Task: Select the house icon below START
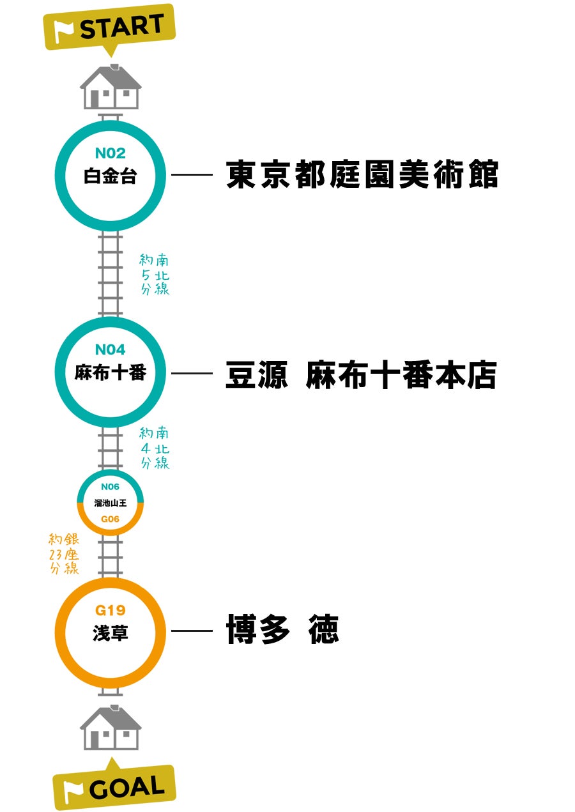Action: (111, 87)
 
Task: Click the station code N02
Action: (111, 153)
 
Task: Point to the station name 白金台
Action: (111, 176)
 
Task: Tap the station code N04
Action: (111, 350)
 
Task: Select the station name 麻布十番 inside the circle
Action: (111, 372)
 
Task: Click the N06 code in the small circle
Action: (111, 486)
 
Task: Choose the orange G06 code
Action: (111, 519)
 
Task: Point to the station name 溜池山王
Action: (111, 503)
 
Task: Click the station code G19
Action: (111, 611)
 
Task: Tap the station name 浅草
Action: (111, 633)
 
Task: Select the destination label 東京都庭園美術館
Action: (362, 174)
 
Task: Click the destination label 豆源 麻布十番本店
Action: (361, 374)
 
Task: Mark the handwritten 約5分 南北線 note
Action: (155, 275)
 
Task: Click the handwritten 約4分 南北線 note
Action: (155, 448)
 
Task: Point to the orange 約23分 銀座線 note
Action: (64, 553)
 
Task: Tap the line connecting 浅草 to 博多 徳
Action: (192, 631)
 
